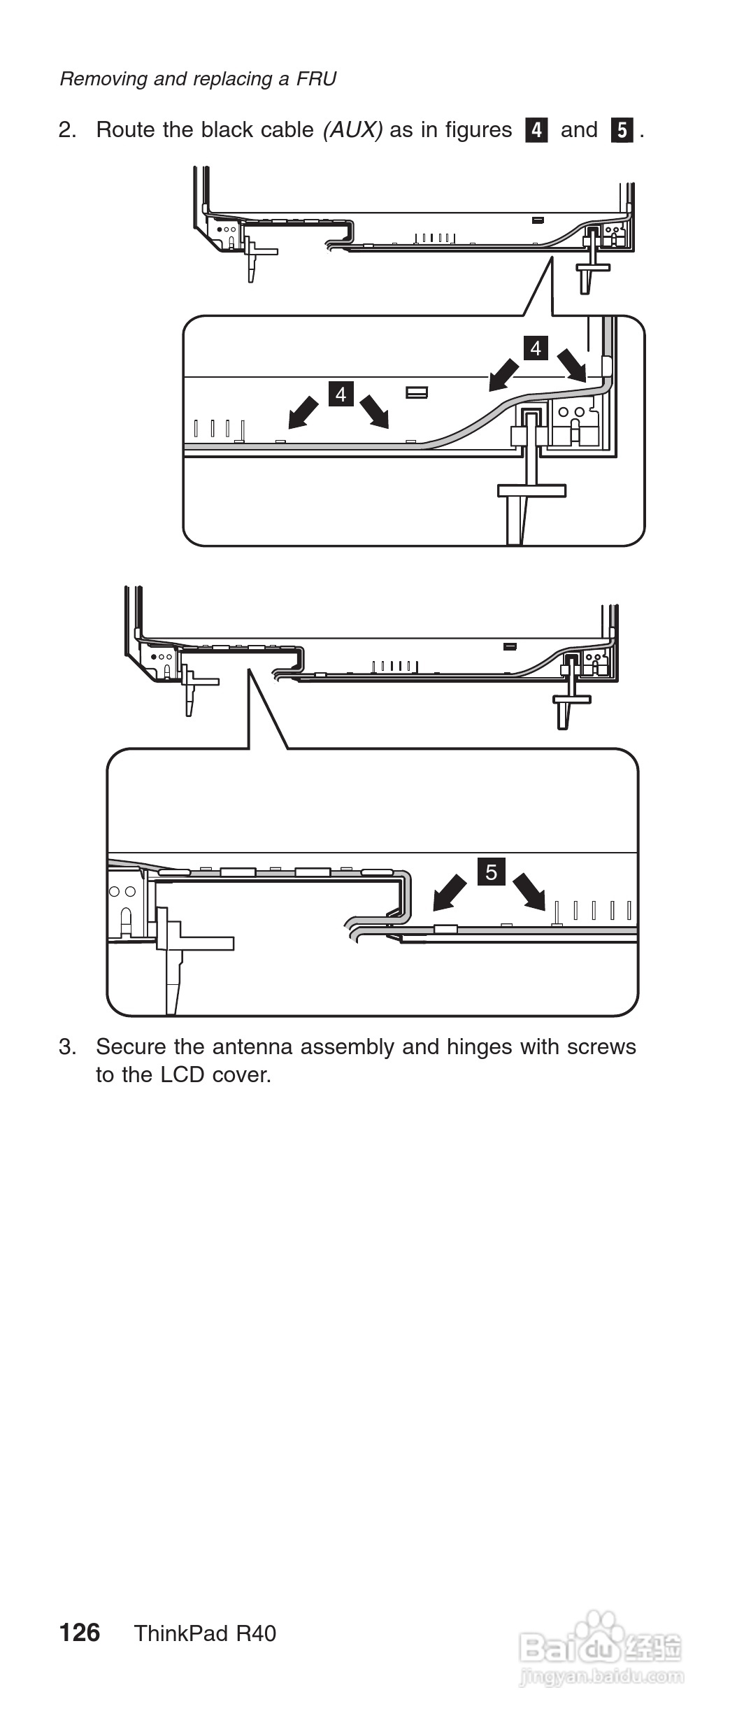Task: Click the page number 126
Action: (x=80, y=1633)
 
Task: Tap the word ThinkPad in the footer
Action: (x=181, y=1633)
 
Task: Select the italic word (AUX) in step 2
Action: (x=352, y=130)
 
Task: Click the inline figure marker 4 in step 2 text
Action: (x=536, y=130)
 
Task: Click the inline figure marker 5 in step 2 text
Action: (x=622, y=130)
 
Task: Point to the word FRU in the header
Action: (x=316, y=78)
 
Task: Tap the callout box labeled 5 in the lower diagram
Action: (x=492, y=872)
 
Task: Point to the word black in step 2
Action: (x=227, y=130)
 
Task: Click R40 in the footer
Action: (x=256, y=1633)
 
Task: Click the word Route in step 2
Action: (x=126, y=130)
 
